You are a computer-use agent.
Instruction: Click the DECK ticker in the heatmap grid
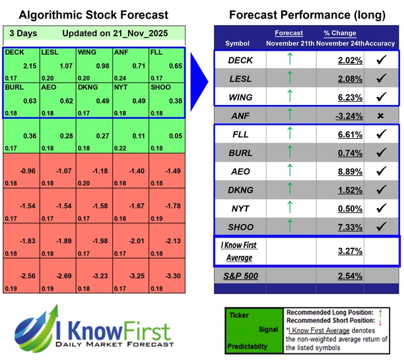pyautogui.click(x=15, y=52)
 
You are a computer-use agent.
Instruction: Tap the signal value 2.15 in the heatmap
pyautogui.click(x=30, y=67)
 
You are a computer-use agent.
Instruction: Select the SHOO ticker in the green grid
pyautogui.click(x=162, y=87)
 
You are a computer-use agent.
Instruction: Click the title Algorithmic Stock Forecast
pyautogui.click(x=94, y=15)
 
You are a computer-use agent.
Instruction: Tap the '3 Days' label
pyautogui.click(x=23, y=34)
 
